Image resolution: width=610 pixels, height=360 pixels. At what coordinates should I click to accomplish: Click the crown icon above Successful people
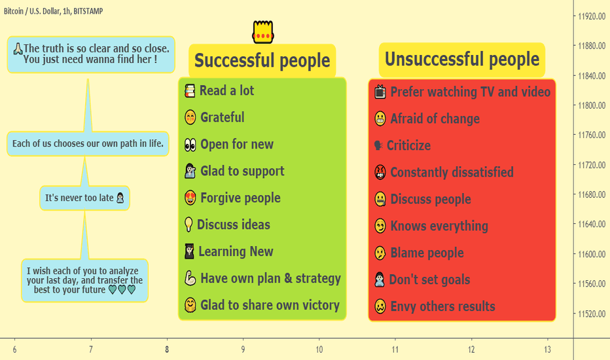263,32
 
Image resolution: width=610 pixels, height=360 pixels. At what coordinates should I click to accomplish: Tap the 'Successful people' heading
262,61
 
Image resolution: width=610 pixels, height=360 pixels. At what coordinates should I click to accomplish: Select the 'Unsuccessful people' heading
462,60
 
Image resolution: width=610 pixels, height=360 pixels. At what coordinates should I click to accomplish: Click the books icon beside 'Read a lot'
190,91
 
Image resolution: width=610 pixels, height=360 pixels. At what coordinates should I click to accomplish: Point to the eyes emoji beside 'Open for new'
190,145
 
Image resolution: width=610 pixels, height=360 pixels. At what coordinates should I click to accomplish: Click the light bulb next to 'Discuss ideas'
188,225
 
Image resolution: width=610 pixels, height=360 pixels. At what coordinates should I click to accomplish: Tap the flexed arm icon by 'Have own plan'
190,278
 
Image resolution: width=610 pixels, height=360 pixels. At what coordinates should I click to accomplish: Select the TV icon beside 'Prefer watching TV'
380,92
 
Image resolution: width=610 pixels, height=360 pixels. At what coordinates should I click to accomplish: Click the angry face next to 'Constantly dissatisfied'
380,172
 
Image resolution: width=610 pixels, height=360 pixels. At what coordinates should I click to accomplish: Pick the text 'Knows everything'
439,226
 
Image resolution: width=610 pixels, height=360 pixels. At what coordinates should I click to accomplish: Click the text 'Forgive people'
240,198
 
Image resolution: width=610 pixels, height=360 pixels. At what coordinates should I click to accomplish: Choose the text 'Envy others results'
442,307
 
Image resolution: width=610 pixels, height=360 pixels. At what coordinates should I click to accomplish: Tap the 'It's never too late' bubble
84,198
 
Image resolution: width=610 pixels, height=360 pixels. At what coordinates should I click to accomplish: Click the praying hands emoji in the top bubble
18,48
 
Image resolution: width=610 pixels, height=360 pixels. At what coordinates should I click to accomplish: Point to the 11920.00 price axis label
592,16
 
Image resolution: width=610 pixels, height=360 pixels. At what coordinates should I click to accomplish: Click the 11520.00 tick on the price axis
592,314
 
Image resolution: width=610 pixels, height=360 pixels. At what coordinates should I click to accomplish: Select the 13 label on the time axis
547,350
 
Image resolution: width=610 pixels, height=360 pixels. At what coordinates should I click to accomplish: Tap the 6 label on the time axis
15,350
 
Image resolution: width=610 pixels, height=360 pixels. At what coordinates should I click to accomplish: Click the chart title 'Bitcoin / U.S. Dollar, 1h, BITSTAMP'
53,11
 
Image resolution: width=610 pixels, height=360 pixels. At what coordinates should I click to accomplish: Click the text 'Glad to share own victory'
270,305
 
